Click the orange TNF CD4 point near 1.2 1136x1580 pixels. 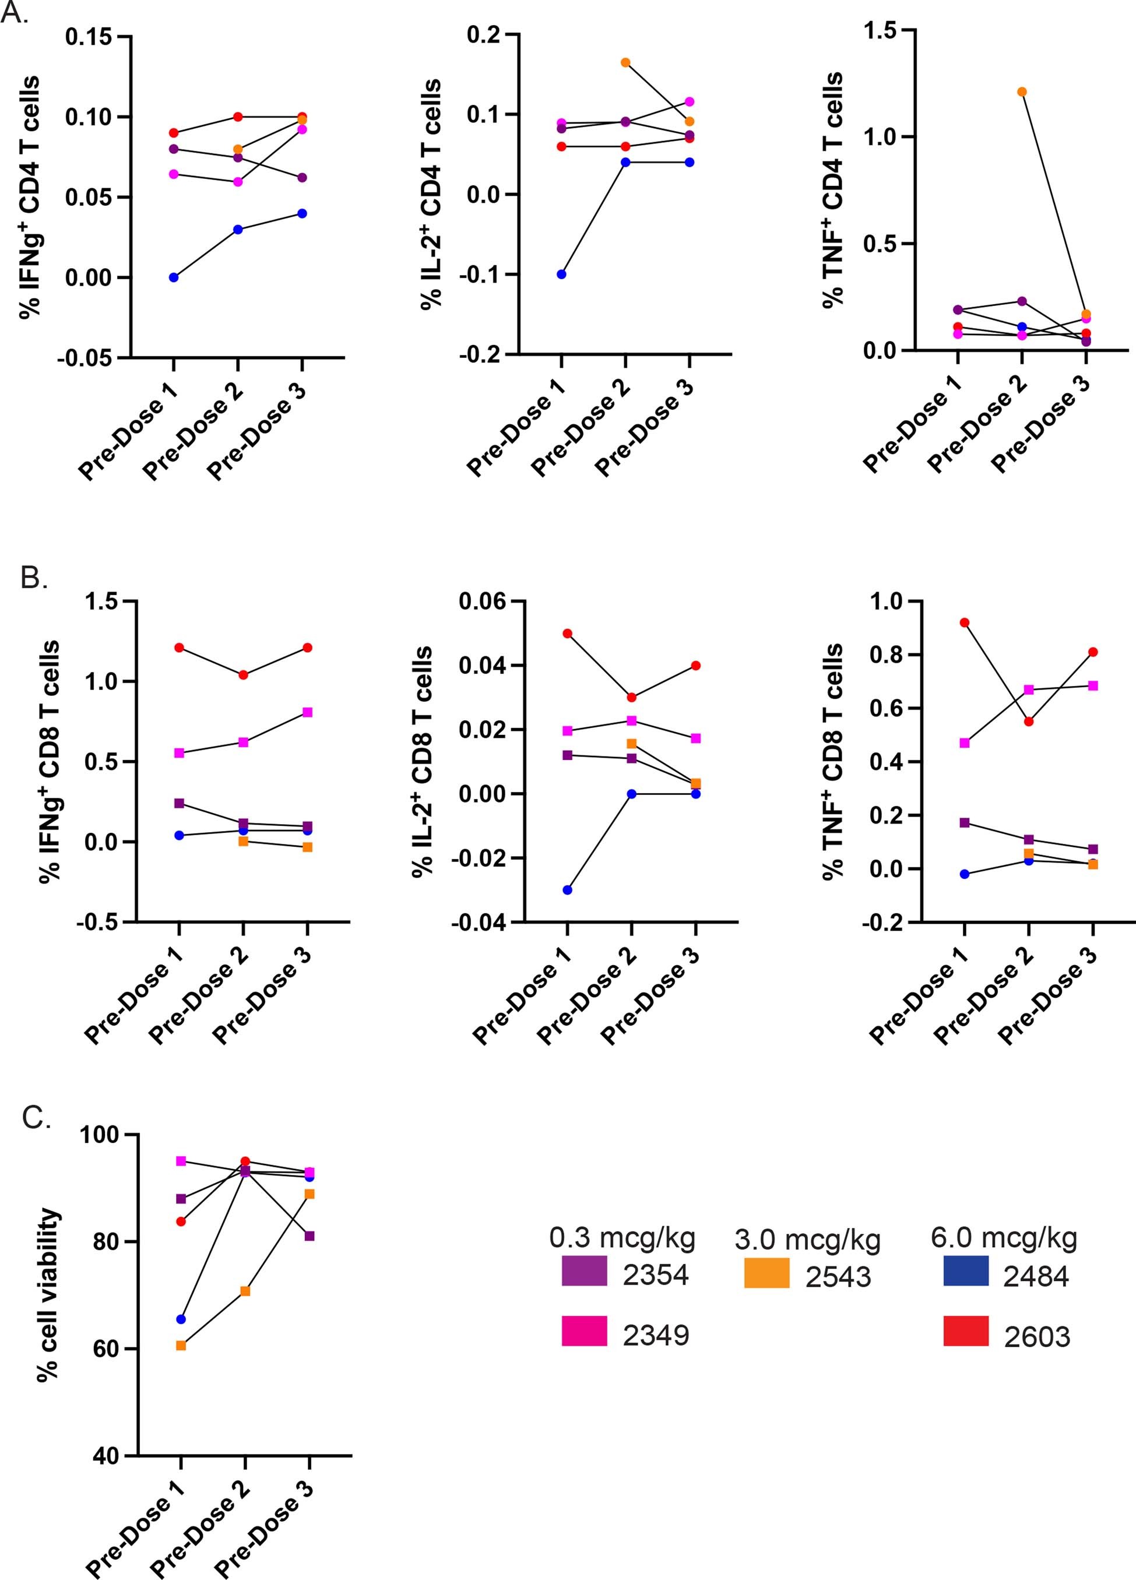(x=1022, y=92)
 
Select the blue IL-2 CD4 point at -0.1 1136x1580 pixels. (x=561, y=275)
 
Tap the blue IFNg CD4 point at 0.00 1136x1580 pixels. (x=174, y=277)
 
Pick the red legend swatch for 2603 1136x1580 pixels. (x=965, y=1331)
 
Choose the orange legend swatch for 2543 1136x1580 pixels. (x=766, y=1272)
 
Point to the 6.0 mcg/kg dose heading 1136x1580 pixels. (x=1004, y=1237)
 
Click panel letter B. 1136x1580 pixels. (x=33, y=578)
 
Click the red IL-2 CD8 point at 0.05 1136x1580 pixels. (x=568, y=634)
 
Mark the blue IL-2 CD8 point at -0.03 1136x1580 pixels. (x=568, y=889)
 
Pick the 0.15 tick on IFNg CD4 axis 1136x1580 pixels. (x=89, y=36)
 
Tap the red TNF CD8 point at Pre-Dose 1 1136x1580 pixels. (x=965, y=622)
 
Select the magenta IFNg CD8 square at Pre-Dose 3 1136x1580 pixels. (x=307, y=712)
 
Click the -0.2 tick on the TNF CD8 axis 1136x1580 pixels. (x=882, y=923)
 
